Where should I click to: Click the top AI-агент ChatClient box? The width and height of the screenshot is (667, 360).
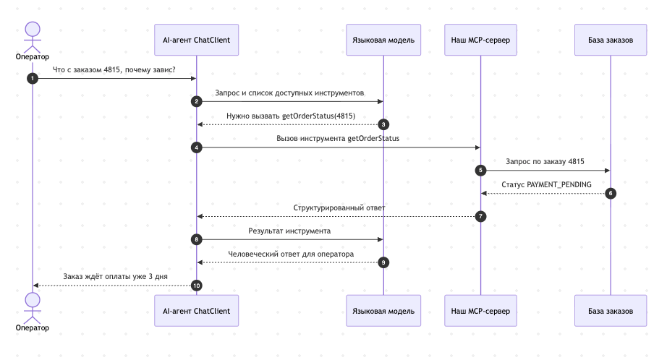196,40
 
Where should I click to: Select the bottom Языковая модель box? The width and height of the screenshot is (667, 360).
383,311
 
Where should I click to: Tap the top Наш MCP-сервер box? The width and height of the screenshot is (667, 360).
480,40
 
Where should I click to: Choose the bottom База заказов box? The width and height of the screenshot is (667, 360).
611,311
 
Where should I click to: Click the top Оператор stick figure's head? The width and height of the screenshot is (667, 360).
33,30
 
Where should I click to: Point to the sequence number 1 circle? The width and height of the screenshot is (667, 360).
33,79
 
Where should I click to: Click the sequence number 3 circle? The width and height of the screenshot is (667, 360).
383,124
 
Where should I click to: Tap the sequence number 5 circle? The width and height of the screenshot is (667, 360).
480,171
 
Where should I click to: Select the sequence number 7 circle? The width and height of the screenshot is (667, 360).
480,216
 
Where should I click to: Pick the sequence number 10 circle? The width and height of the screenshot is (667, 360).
196,286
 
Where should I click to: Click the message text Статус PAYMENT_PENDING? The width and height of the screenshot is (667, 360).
546,184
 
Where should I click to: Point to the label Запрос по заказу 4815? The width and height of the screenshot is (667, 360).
545,161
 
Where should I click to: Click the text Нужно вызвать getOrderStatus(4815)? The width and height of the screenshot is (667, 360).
291,116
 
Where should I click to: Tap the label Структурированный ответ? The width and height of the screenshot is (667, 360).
339,207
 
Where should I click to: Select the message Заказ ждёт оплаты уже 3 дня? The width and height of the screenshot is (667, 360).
115,276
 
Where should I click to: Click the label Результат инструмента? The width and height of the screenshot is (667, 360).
289,231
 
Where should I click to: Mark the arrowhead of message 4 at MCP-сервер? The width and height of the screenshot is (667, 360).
478,147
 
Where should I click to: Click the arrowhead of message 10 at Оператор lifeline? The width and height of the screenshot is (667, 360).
35,286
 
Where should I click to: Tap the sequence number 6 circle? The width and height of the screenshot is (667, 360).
611,194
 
